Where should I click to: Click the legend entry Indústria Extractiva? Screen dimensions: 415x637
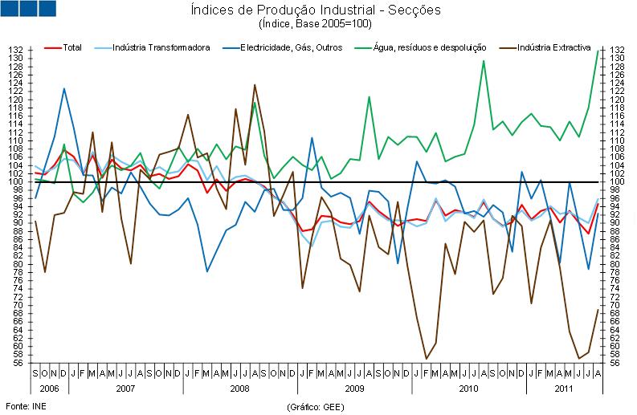pos(553,48)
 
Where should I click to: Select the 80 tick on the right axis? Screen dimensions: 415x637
pos(618,264)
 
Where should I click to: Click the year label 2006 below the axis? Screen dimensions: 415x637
pos(50,388)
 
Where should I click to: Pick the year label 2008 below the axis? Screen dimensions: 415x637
pos(240,388)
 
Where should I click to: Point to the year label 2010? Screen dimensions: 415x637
pos(469,388)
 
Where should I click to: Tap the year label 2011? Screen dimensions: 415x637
pos(564,388)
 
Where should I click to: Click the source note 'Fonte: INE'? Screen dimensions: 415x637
pos(23,406)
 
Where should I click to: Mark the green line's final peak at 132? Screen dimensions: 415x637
pos(598,51)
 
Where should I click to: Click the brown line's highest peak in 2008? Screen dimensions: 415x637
pos(255,84)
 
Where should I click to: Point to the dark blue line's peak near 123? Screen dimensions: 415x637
pos(63,88)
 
